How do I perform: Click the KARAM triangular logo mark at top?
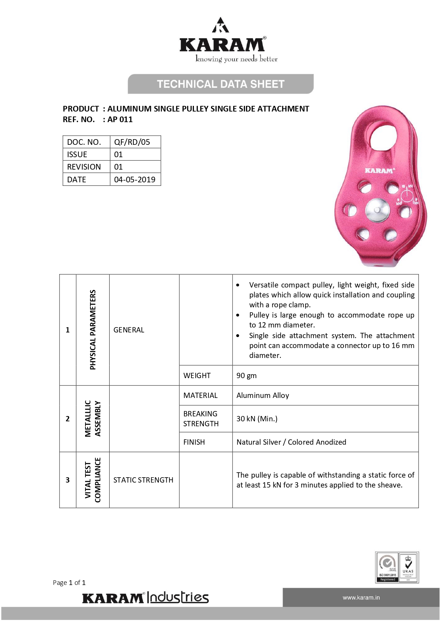221,25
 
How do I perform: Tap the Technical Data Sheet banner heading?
221,84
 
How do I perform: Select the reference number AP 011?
120,120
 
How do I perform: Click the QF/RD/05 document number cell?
132,142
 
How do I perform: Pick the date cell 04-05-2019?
135,180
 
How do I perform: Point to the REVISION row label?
84,167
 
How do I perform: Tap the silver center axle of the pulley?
377,210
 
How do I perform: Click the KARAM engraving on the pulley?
379,171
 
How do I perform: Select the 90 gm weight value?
246,376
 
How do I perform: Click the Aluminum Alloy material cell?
263,395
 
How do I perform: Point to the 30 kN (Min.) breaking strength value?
257,419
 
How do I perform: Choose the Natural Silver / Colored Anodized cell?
291,442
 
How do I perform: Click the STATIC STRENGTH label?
143,480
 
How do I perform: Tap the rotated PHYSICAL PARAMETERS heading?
93,330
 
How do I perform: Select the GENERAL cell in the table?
129,330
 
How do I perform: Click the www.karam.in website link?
361,598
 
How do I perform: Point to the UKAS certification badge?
408,567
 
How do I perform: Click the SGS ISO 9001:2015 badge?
387,567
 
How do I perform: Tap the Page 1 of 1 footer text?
69,583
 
